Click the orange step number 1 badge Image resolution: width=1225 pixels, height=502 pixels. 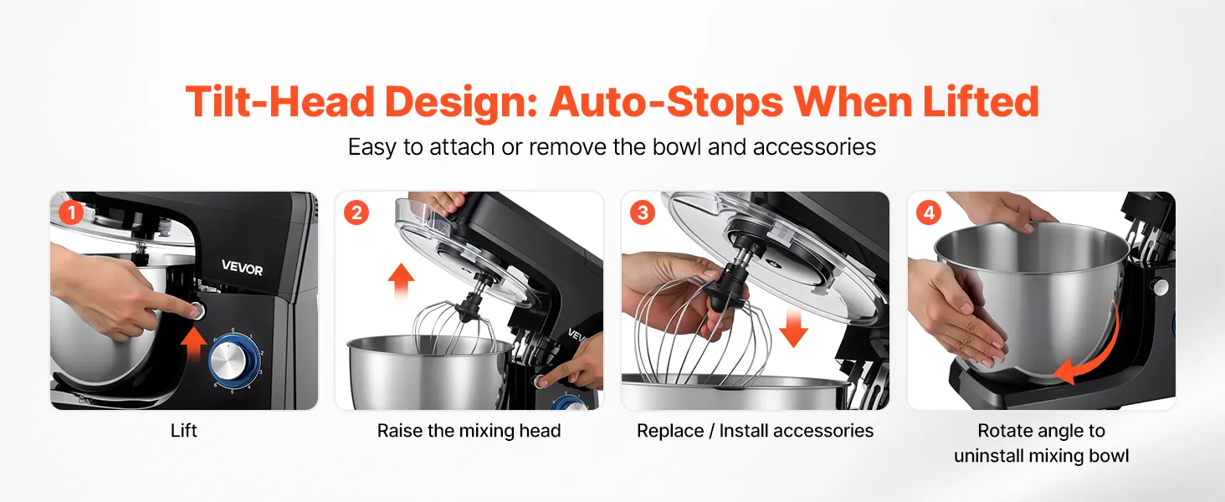click(x=71, y=213)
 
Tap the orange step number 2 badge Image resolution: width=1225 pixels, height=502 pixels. click(x=356, y=213)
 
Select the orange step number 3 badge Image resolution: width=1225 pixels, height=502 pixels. click(x=643, y=213)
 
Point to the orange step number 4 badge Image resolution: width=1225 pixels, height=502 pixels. click(x=929, y=213)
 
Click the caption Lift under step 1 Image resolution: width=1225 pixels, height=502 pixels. click(x=184, y=431)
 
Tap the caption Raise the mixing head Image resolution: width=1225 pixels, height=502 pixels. click(x=469, y=431)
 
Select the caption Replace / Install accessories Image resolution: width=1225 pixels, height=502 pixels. click(x=755, y=431)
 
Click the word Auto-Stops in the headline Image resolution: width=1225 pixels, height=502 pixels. click(x=666, y=102)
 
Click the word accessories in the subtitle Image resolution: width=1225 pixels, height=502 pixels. click(x=814, y=147)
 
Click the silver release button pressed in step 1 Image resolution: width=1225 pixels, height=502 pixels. click(x=196, y=311)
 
